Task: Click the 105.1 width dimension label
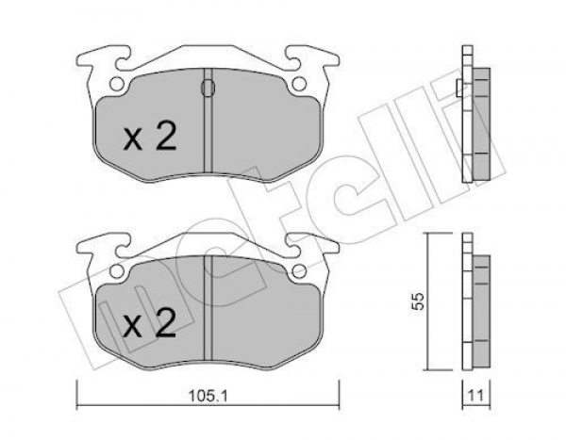point(208,397)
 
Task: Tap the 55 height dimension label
point(418,301)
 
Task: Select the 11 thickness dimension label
point(476,396)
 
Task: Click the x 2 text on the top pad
point(150,136)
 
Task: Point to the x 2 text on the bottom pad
point(150,323)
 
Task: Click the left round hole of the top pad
point(116,85)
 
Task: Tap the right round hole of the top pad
point(299,85)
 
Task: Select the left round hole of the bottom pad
point(116,271)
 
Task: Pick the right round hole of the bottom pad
point(299,271)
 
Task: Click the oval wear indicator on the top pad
point(208,88)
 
